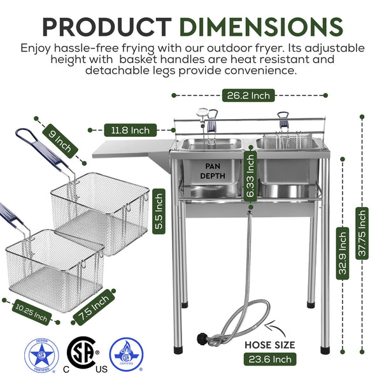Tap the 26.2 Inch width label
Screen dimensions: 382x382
[x=248, y=95]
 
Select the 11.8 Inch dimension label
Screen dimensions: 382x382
[x=131, y=130]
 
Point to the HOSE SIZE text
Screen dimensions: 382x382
[x=271, y=344]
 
